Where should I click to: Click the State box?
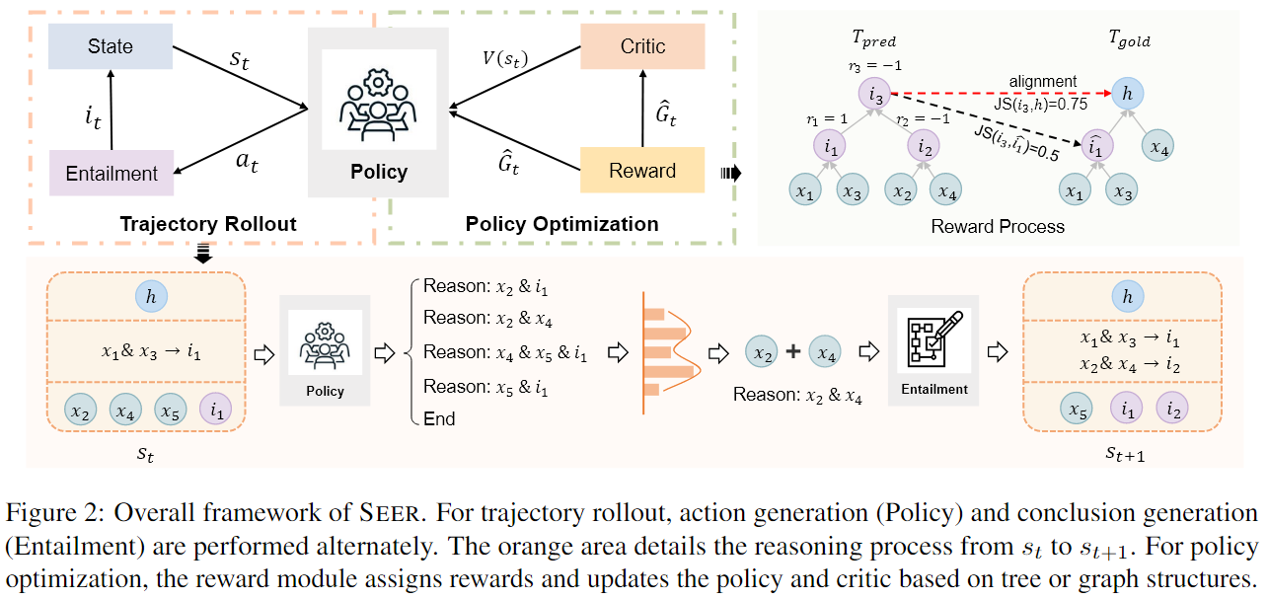111,46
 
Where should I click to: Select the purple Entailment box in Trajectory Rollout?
111,174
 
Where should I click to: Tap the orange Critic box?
642,46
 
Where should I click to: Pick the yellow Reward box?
642,171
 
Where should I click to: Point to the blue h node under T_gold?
1127,93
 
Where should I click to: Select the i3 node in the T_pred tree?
876,95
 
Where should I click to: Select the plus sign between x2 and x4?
792,351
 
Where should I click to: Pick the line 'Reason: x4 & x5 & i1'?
504,352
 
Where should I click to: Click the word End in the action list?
439,418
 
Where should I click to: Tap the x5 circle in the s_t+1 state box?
1080,407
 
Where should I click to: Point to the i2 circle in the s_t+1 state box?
1170,407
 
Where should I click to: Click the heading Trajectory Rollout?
208,224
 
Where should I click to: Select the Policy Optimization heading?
561,224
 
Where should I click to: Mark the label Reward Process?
998,226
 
